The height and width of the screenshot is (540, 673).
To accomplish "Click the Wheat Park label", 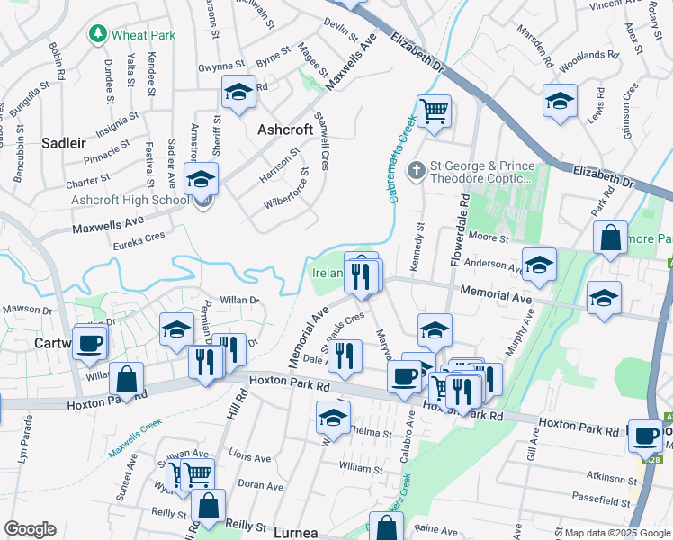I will (144, 35).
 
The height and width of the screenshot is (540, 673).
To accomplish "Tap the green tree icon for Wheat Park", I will (98, 35).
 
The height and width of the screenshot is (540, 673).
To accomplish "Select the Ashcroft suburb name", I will (285, 130).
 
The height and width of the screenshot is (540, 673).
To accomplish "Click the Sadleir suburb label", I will (64, 142).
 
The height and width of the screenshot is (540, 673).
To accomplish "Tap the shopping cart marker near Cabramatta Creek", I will (434, 112).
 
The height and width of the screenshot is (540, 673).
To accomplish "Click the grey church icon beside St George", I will (417, 168).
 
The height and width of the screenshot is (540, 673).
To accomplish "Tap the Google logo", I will (31, 528).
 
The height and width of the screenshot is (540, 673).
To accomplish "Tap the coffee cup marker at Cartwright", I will (90, 343).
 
